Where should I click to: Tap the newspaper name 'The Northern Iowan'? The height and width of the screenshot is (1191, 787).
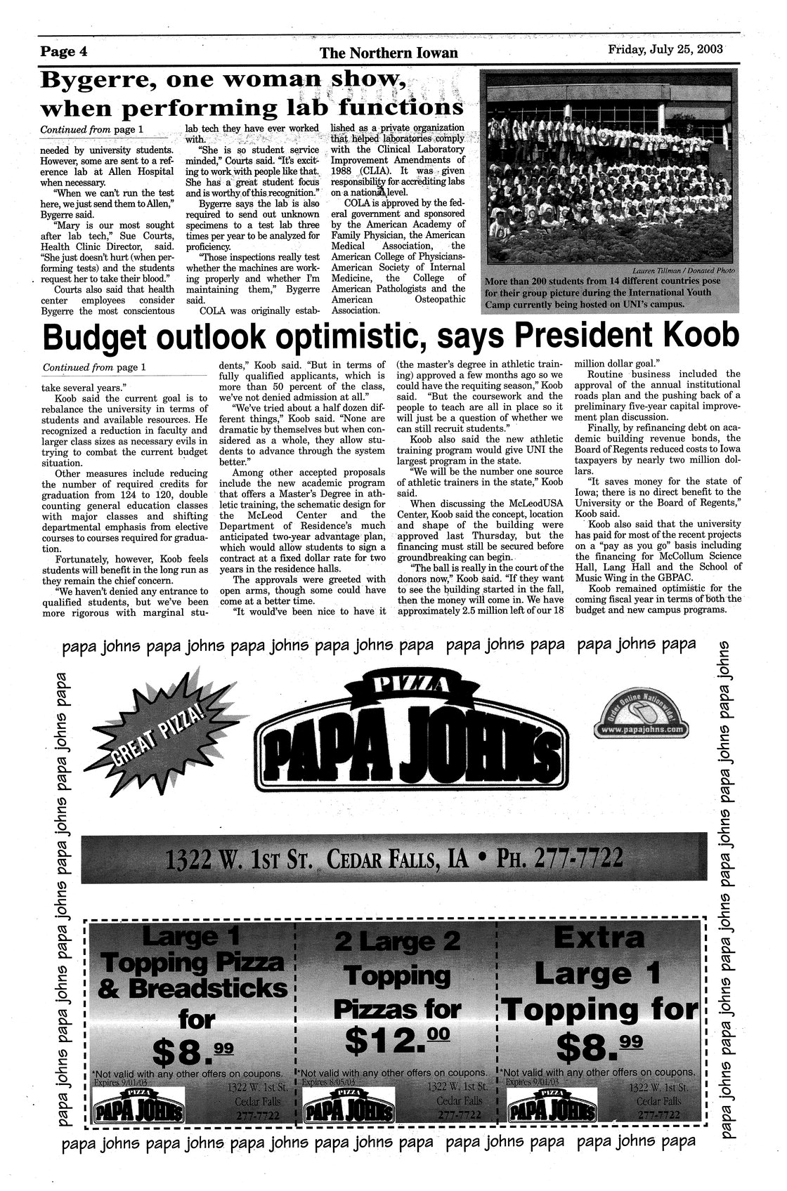coord(388,53)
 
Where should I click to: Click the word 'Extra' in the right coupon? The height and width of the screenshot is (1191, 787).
coord(599,938)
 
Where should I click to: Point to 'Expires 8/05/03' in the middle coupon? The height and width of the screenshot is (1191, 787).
coord(334,1083)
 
